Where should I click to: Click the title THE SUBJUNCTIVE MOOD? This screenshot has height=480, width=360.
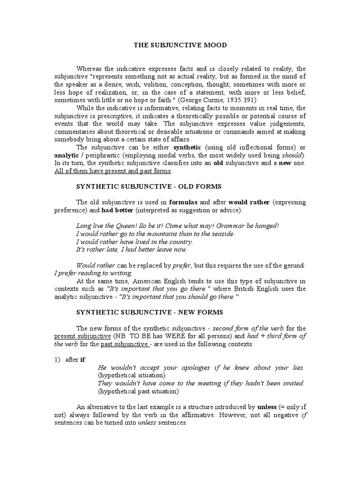180,45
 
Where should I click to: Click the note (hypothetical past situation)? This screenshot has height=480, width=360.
139,391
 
